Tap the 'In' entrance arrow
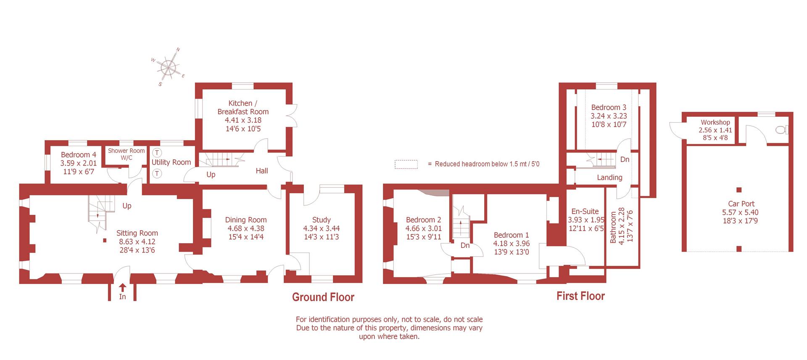click(x=122, y=288)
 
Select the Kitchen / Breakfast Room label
click(x=243, y=107)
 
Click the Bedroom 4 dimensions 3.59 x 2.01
click(x=78, y=163)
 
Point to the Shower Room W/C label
click(x=126, y=154)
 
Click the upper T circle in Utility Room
click(x=157, y=153)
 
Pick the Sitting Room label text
click(x=137, y=233)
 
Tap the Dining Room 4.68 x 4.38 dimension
click(x=245, y=229)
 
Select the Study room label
click(x=321, y=220)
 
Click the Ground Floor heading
click(x=323, y=297)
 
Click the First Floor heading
click(x=580, y=296)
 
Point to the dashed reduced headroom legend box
click(x=406, y=164)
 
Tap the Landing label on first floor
click(x=609, y=178)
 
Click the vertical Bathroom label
click(x=613, y=227)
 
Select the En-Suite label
click(x=585, y=211)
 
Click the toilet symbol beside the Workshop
click(x=782, y=130)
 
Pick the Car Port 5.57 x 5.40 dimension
click(x=741, y=213)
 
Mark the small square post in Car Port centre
click(x=739, y=190)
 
